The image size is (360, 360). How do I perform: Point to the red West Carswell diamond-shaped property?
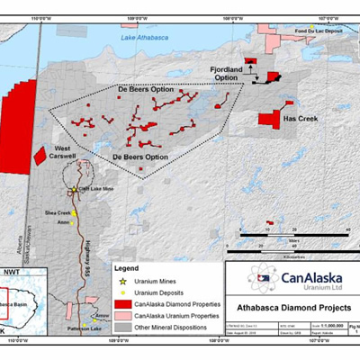tap(40, 155)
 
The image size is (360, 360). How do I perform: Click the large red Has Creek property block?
tap(269, 119)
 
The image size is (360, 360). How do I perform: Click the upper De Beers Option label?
tap(149, 91)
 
